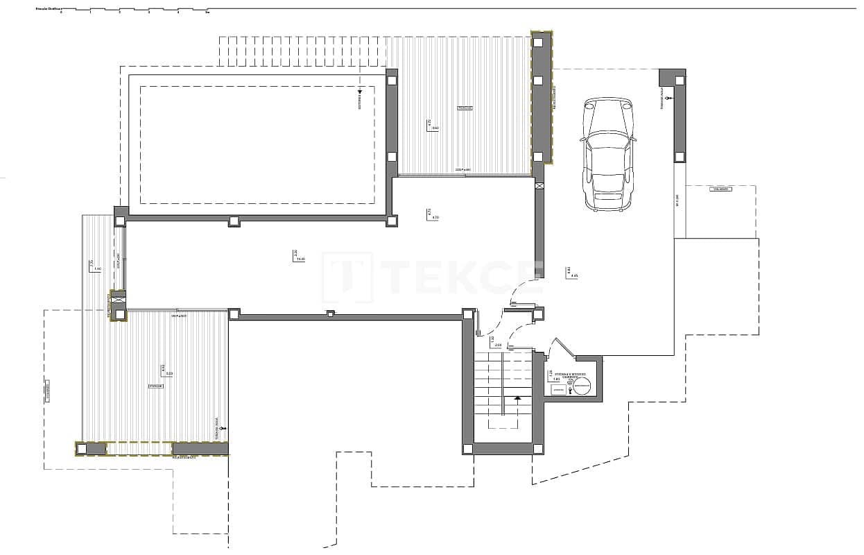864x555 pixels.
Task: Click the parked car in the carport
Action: tap(608, 153)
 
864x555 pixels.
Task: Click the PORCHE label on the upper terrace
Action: tap(465, 109)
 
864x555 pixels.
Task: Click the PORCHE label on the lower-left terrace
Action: tap(156, 386)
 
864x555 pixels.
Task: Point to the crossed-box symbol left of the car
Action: tap(539, 186)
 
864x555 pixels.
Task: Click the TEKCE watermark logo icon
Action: tap(347, 277)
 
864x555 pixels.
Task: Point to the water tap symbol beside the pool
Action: tap(360, 92)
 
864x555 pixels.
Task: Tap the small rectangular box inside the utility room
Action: tap(558, 391)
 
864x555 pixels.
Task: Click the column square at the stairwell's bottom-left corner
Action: tap(468, 448)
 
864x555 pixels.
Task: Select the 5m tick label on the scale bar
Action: tap(207, 12)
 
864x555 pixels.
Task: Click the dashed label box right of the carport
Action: tap(720, 189)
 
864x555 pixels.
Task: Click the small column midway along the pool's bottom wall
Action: tap(234, 221)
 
